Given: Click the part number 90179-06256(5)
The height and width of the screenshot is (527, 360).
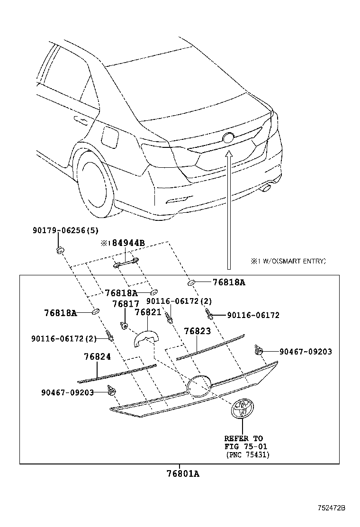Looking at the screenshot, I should coord(65,231).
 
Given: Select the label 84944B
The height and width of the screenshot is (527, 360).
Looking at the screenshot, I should coord(127,243).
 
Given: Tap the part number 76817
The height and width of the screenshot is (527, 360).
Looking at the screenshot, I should coord(126,304).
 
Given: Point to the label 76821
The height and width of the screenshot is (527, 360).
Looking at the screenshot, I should coord(148,312).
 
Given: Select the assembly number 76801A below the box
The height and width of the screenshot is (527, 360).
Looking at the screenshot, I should coord(182,473).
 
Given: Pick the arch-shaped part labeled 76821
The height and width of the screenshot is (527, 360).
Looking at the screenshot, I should coord(147,337).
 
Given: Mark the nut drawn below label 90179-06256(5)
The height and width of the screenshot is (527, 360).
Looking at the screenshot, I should coord(60,249).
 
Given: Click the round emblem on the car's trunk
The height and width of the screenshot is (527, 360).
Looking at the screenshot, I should coord(228,138).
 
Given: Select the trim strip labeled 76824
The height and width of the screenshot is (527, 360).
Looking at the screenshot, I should coord(117,373).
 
